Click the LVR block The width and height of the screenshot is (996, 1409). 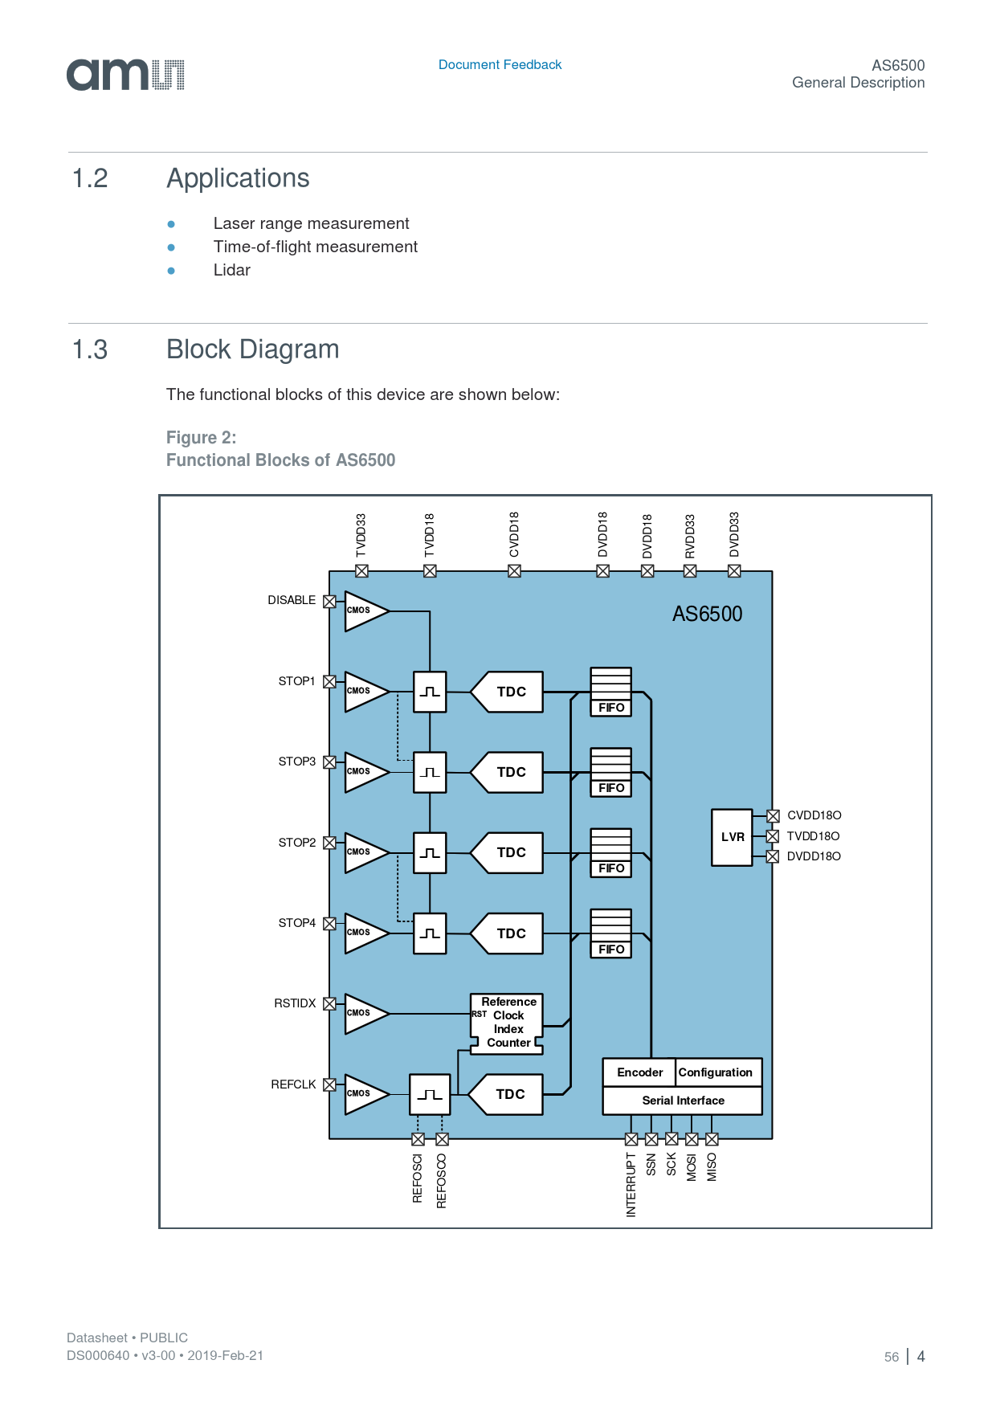pos(732,837)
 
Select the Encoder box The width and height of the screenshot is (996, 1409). pos(639,1072)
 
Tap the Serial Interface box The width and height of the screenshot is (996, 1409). pos(683,1101)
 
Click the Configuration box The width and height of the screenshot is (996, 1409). pos(716,1072)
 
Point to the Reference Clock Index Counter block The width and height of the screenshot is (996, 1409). pos(507,1023)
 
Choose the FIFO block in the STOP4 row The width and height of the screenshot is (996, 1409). pos(611,933)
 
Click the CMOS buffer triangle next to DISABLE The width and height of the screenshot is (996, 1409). pos(364,611)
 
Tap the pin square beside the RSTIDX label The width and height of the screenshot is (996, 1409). pos(329,1003)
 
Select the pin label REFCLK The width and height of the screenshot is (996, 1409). pos(293,1084)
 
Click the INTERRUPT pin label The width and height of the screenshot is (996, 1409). pos(631,1185)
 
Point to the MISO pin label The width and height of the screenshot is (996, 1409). pos(712,1167)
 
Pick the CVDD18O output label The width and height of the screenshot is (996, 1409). pos(814,815)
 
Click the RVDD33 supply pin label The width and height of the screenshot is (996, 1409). pos(690,536)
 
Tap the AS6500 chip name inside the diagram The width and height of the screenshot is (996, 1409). pos(707,615)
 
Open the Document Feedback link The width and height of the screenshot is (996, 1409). pos(500,65)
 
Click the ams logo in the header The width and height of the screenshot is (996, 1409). pos(125,75)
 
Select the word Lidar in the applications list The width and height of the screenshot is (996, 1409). pos(231,271)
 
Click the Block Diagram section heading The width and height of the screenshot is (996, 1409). pos(252,350)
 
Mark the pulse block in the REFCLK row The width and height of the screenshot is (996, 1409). pos(430,1094)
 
